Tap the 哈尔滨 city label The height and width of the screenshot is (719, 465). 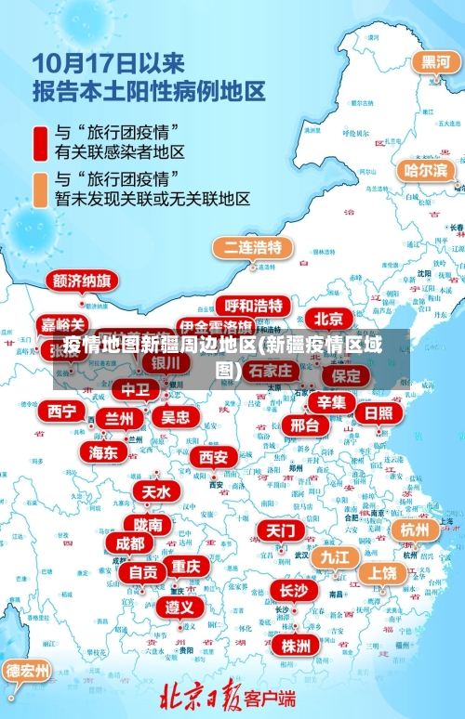(426, 171)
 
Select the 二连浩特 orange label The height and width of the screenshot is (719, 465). (253, 247)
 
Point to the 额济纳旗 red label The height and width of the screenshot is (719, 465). (82, 280)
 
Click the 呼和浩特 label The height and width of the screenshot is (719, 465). (253, 306)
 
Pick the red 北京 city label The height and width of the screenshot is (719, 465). (328, 319)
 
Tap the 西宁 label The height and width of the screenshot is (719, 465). (63, 411)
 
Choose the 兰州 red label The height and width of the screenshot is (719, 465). (118, 419)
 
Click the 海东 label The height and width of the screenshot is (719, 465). (103, 452)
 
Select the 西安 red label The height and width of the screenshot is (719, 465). (214, 457)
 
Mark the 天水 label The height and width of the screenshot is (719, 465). (156, 491)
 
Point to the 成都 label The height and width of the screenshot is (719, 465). (130, 543)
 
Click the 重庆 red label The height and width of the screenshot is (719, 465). (185, 566)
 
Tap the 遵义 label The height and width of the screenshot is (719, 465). (179, 607)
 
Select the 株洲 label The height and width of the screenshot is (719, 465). (296, 646)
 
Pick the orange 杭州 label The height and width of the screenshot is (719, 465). (414, 529)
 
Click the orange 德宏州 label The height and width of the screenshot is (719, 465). (27, 671)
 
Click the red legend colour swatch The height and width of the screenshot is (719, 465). (40, 140)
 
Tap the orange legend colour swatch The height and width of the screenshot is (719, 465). (40, 188)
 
